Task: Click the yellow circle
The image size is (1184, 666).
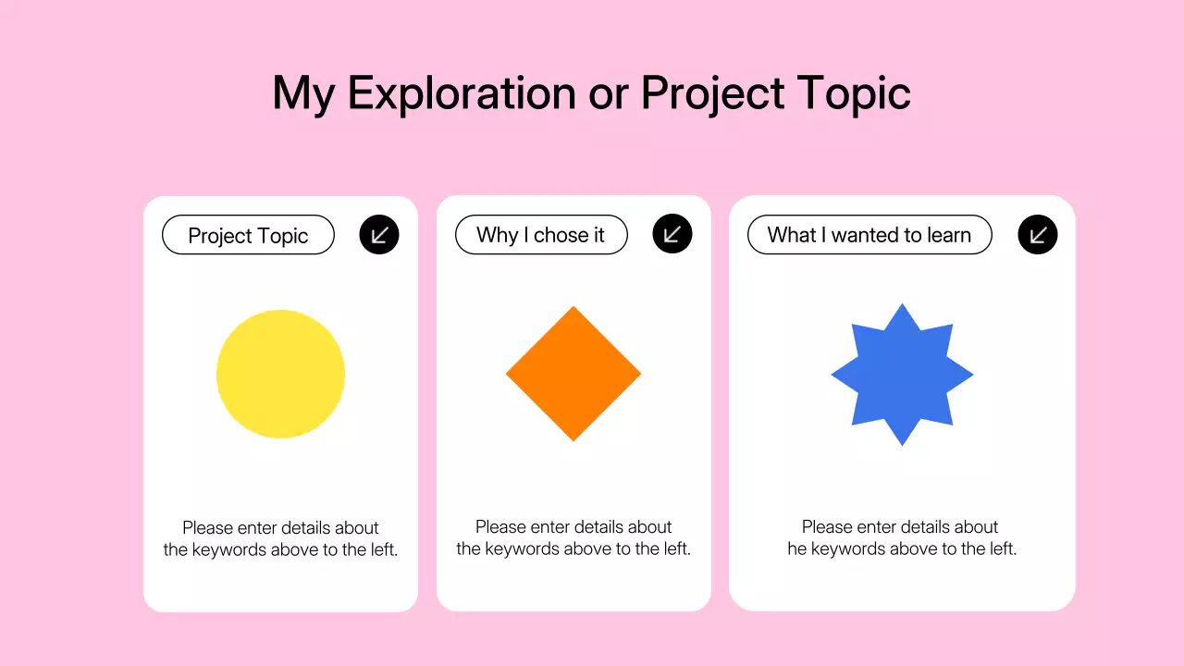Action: (280, 374)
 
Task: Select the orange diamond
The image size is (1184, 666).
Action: (573, 374)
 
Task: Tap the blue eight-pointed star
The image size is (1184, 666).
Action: (902, 375)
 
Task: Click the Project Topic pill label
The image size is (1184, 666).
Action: (248, 235)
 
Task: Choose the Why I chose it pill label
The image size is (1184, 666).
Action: (541, 235)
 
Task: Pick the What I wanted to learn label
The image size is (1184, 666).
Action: (869, 235)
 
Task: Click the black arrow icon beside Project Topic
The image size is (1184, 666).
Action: (379, 235)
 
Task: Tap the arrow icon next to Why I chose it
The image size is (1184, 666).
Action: (672, 234)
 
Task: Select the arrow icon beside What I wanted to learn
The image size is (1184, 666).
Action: (1038, 235)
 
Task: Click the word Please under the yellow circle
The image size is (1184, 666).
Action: (208, 528)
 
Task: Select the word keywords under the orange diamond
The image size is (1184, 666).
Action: (522, 549)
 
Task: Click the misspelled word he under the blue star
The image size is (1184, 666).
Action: (797, 549)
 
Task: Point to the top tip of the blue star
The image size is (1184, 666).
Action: (902, 305)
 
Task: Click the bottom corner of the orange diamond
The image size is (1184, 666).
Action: (573, 439)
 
